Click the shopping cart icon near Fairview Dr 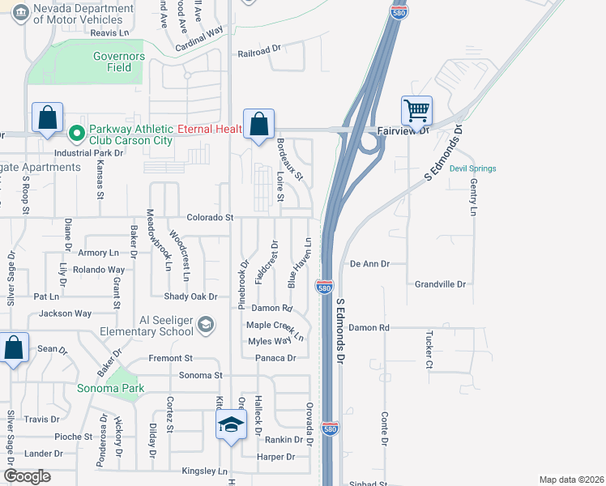click(x=416, y=109)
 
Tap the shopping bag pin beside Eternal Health click(x=258, y=124)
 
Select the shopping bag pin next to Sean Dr click(x=13, y=348)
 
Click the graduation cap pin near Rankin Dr click(x=231, y=424)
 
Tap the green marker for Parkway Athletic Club click(x=77, y=130)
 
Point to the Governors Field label click(x=118, y=62)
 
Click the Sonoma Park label click(x=110, y=388)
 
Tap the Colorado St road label click(x=210, y=218)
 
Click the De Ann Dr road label click(x=369, y=264)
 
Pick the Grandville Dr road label click(x=440, y=284)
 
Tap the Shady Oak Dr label click(x=191, y=296)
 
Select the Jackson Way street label click(x=66, y=313)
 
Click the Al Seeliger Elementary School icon click(x=206, y=325)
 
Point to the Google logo click(x=27, y=476)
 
